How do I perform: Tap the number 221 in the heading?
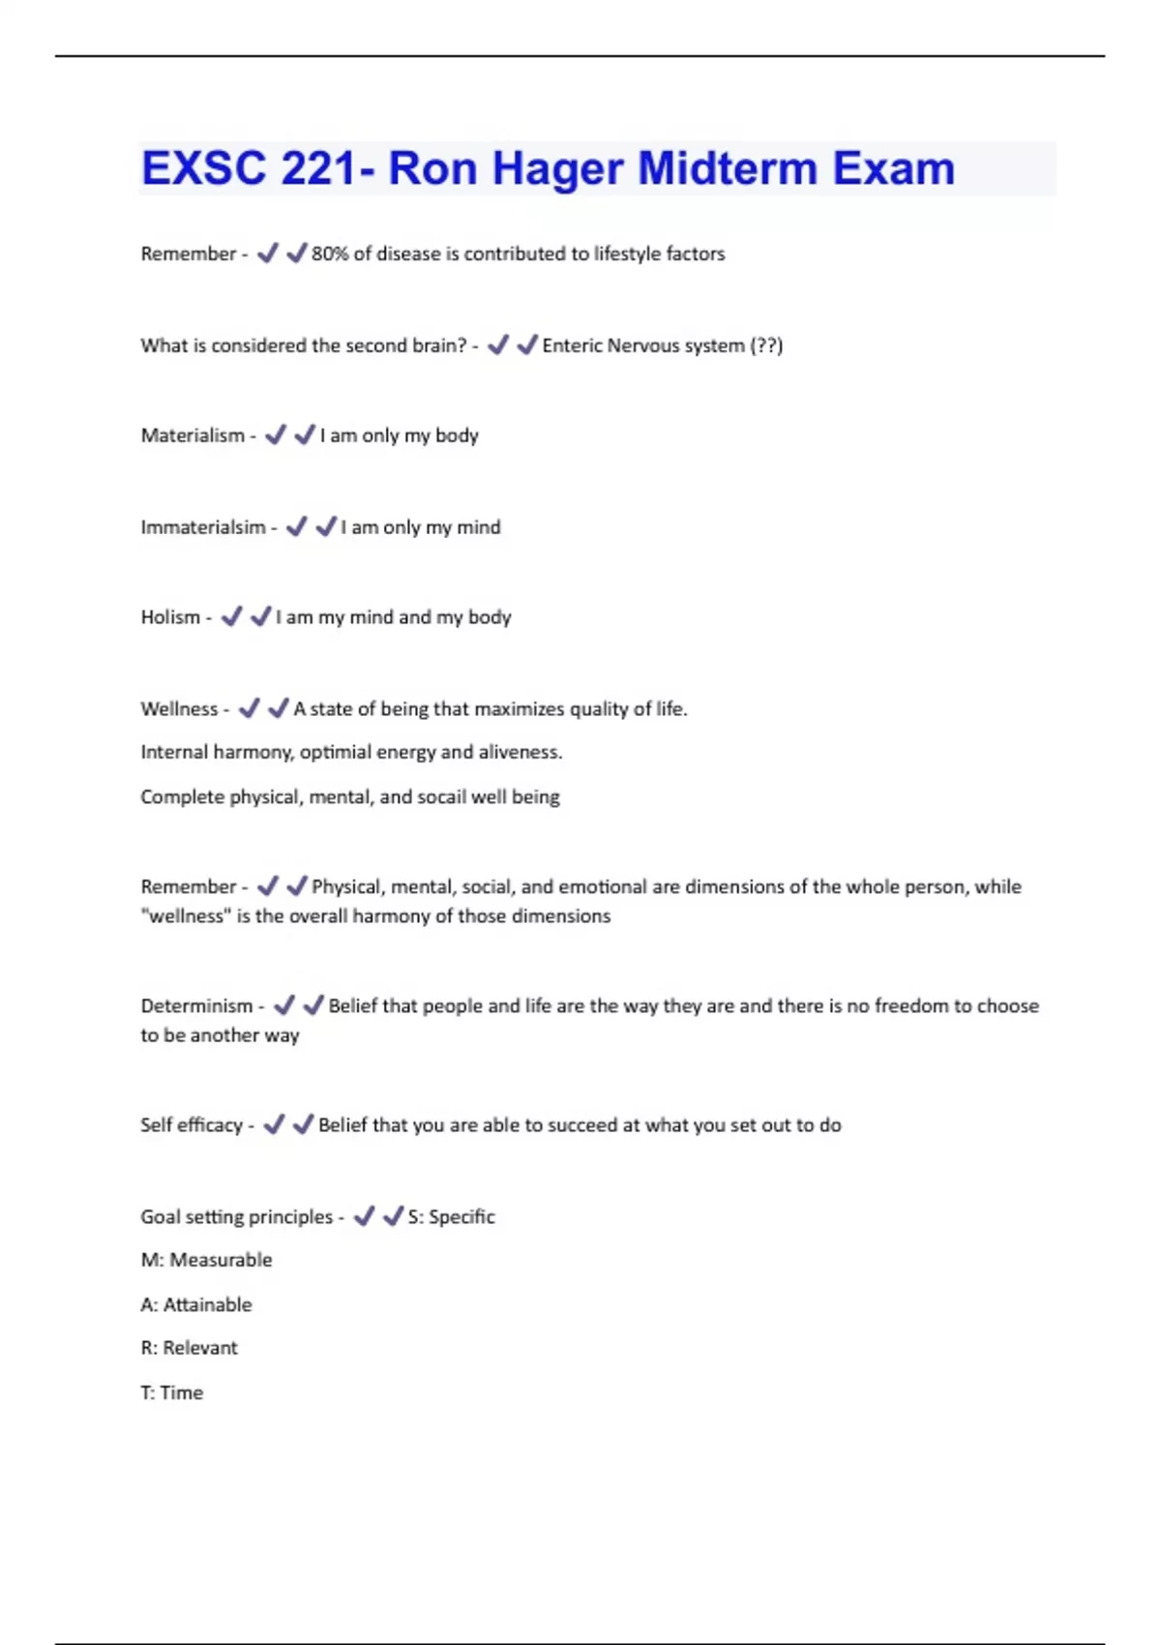[x=319, y=168]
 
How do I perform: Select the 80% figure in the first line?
[x=330, y=254]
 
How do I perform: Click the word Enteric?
[x=572, y=345]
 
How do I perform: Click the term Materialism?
[x=193, y=435]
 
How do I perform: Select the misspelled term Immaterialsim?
[x=203, y=527]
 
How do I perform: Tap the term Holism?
[x=170, y=617]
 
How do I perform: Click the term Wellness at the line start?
[x=179, y=709]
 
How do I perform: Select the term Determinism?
[x=196, y=1006]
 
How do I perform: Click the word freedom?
[x=910, y=1006]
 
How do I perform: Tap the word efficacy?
[x=210, y=1125]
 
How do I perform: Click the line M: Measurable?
[x=206, y=1260]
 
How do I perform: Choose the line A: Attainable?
[x=196, y=1304]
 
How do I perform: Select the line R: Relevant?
[x=189, y=1348]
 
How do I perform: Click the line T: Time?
[x=172, y=1392]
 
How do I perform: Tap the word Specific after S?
[x=461, y=1217]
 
